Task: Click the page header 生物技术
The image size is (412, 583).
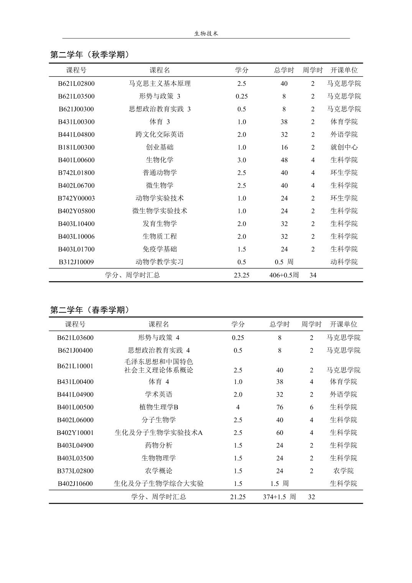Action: pos(206,34)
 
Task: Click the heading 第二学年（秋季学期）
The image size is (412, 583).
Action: pos(90,55)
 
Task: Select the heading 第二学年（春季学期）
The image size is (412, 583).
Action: pos(90,310)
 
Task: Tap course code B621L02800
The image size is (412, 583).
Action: pos(76,84)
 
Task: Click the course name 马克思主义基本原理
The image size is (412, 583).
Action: pos(160,84)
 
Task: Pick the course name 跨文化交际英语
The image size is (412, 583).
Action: pos(160,135)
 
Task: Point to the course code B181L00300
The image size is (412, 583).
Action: pos(76,147)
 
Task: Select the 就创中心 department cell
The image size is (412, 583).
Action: pos(344,147)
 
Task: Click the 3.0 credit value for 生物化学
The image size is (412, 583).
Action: pos(241,160)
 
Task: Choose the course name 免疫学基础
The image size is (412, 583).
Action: pos(160,249)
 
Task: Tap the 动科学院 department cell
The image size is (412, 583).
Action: pos(344,262)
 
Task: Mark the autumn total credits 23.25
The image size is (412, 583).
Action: pos(241,275)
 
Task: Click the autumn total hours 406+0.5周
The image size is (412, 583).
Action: pos(284,275)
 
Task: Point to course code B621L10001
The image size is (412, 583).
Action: pos(75,366)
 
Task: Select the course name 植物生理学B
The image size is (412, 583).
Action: pos(158,407)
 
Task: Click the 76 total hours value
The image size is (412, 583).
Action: pos(280,407)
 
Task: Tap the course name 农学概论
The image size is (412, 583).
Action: pos(158,471)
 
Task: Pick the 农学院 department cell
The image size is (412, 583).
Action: pos(343,471)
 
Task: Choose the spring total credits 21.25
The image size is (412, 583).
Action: pos(238,497)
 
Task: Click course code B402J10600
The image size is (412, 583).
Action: pos(75,484)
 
